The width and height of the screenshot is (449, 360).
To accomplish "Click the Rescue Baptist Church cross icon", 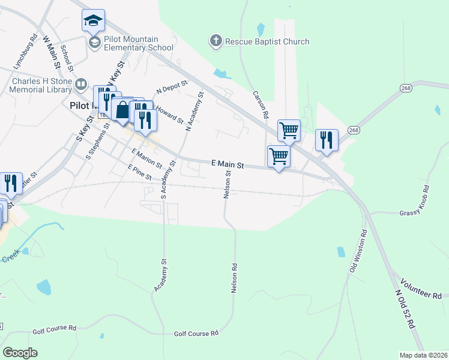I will coord(215,41).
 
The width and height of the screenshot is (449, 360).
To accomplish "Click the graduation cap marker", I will coord(93,20).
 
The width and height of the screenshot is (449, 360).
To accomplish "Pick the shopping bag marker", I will coord(122,110).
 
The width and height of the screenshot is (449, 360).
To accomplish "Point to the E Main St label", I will coord(228,164).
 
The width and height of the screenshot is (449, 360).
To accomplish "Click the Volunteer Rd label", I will coord(421,287).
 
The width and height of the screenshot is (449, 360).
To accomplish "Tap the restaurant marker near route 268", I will coord(327,140).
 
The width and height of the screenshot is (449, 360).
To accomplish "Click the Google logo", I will coord(20,353).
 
